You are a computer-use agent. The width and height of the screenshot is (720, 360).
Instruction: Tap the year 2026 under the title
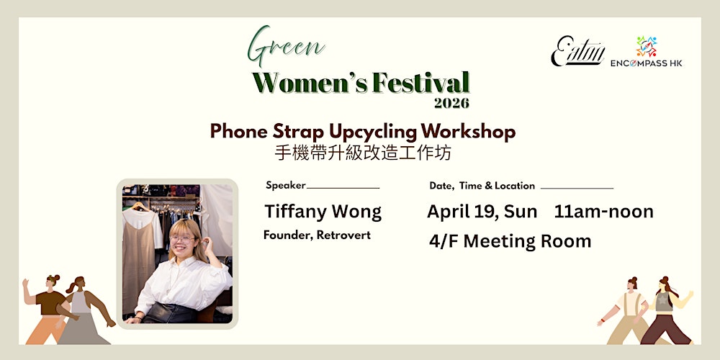point(451,103)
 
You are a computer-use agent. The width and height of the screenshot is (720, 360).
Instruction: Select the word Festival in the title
point(420,84)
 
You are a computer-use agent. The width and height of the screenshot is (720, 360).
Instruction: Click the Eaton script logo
point(577,52)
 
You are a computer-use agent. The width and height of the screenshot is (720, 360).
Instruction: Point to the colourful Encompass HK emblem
point(646,46)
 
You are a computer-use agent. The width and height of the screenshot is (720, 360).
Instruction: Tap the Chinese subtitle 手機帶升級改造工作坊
point(362,153)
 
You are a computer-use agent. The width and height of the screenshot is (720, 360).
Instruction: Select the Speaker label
point(286,185)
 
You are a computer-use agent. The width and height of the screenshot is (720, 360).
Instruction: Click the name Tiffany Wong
point(323,212)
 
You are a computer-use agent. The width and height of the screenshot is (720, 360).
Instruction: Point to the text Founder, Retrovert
point(317,235)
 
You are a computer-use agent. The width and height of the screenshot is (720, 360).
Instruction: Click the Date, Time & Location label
point(482,186)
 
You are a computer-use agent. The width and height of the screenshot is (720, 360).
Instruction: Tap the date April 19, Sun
point(482,212)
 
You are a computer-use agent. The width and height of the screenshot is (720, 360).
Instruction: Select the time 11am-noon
point(603,212)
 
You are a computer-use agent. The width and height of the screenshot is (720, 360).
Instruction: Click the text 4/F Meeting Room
point(510,241)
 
